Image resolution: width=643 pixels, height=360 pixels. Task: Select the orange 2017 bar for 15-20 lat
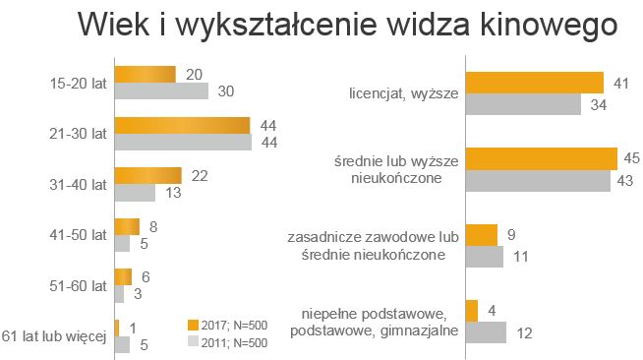[x=146, y=75]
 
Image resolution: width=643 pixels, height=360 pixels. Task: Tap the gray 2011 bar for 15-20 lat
[x=161, y=91]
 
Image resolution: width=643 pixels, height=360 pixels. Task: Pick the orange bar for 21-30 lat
[x=183, y=126]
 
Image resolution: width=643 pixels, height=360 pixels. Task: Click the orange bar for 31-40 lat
[x=148, y=176]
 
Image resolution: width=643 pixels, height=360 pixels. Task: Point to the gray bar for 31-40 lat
[x=136, y=193]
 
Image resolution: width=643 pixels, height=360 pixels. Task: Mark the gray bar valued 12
[x=486, y=332]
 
